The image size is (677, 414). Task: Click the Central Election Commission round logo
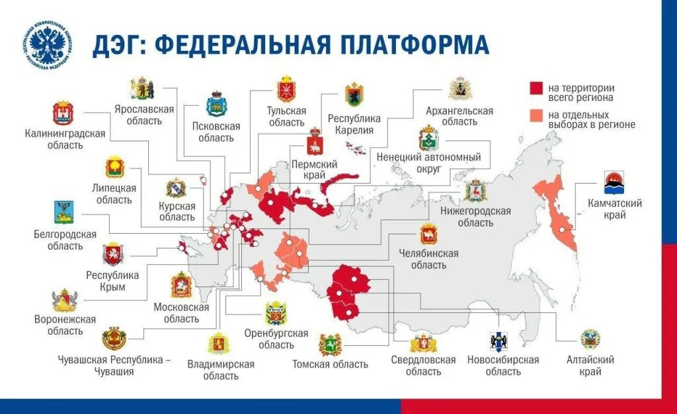click(47, 44)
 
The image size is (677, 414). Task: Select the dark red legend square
click(536, 88)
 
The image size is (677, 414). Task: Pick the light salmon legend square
click(536, 115)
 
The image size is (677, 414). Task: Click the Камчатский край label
click(615, 209)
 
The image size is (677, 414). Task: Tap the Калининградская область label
click(65, 139)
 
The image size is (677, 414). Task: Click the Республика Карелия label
click(354, 124)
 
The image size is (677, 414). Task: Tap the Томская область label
click(330, 364)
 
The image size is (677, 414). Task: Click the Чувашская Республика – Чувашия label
click(114, 366)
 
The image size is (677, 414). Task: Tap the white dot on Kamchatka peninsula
click(563, 230)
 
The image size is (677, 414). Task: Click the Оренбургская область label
click(276, 339)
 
